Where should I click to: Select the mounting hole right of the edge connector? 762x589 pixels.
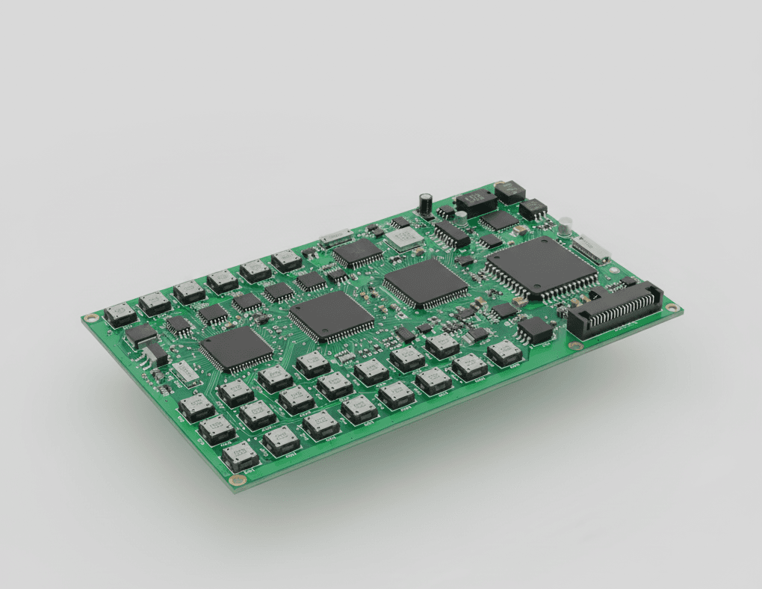tap(672, 307)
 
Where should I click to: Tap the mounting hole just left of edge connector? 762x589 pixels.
tap(573, 345)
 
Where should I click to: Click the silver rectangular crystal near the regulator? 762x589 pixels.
tap(185, 371)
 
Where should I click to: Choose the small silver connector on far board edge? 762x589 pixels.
tap(335, 238)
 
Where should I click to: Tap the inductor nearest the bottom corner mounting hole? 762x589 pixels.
tap(241, 454)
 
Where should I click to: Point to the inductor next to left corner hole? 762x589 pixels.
tap(120, 315)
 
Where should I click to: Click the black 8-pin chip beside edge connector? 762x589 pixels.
tap(535, 329)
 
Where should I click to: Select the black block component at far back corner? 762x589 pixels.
tap(509, 191)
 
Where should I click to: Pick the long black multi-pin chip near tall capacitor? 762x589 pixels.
tap(452, 233)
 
